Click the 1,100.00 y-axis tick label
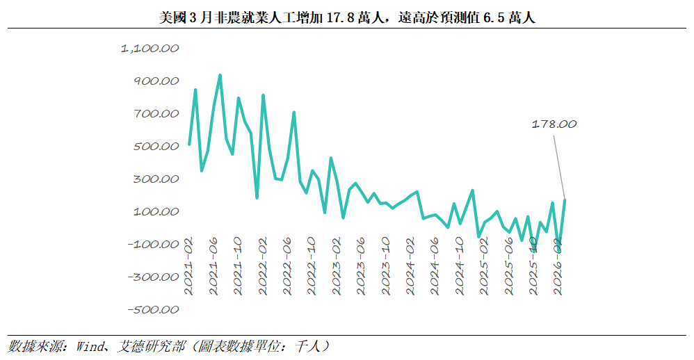point(150,49)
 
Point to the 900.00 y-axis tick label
point(155,81)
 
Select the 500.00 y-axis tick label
point(155,147)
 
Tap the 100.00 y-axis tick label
point(155,212)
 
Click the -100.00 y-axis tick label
point(152,245)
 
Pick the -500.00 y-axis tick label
point(152,310)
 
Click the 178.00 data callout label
point(554,124)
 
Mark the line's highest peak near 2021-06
point(220,75)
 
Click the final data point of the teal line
point(565,200)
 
